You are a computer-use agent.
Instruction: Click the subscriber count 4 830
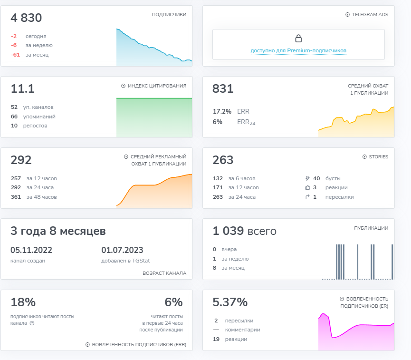(26, 18)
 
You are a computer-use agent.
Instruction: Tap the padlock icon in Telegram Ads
(298, 39)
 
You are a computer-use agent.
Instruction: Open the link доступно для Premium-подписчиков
(298, 50)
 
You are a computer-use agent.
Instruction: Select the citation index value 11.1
(22, 88)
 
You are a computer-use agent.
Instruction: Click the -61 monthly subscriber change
(16, 55)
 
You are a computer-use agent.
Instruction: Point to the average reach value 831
(223, 88)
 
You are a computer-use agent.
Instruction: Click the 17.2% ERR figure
(222, 111)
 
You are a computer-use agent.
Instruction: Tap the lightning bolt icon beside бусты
(307, 178)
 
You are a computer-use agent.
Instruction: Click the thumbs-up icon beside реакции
(307, 187)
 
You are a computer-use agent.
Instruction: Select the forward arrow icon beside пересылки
(307, 197)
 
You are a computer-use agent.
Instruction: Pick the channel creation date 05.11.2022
(31, 250)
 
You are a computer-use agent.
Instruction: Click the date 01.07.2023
(122, 250)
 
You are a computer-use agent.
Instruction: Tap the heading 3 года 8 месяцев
(58, 231)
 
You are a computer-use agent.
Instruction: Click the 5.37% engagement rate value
(230, 302)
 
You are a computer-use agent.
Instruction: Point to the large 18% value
(23, 302)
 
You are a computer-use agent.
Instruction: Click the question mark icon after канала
(32, 323)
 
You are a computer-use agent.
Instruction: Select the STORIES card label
(379, 156)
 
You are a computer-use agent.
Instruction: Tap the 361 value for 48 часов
(16, 197)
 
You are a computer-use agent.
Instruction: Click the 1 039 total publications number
(228, 231)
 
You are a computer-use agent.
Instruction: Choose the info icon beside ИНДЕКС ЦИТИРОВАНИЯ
(123, 86)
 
